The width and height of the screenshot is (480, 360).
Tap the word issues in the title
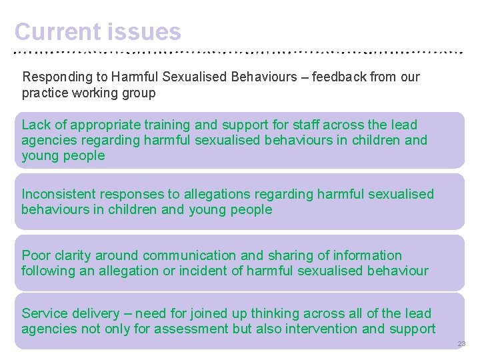click(143, 31)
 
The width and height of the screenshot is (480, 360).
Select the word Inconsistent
click(59, 194)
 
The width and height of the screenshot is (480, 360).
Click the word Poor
click(35, 255)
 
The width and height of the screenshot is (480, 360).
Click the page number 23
click(461, 344)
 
